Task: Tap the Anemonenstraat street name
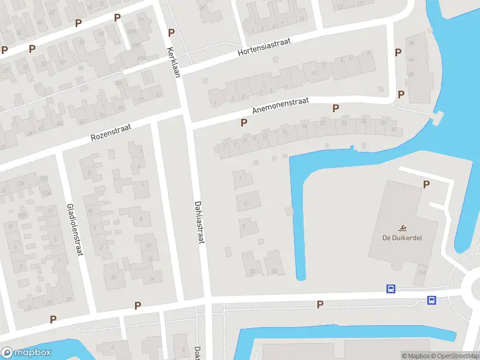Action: tap(281, 106)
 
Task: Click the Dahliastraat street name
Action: tap(200, 221)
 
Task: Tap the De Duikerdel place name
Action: tap(402, 238)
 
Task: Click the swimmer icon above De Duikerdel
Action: tap(402, 227)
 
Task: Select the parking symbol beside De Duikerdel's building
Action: tap(426, 185)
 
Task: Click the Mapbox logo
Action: tap(26, 353)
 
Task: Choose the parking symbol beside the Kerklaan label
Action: tap(172, 32)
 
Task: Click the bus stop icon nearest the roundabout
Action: tap(431, 300)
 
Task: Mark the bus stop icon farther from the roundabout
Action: tap(391, 289)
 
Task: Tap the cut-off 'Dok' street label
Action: tap(197, 353)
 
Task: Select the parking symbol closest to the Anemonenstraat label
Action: tap(244, 122)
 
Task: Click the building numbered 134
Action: tap(422, 273)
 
